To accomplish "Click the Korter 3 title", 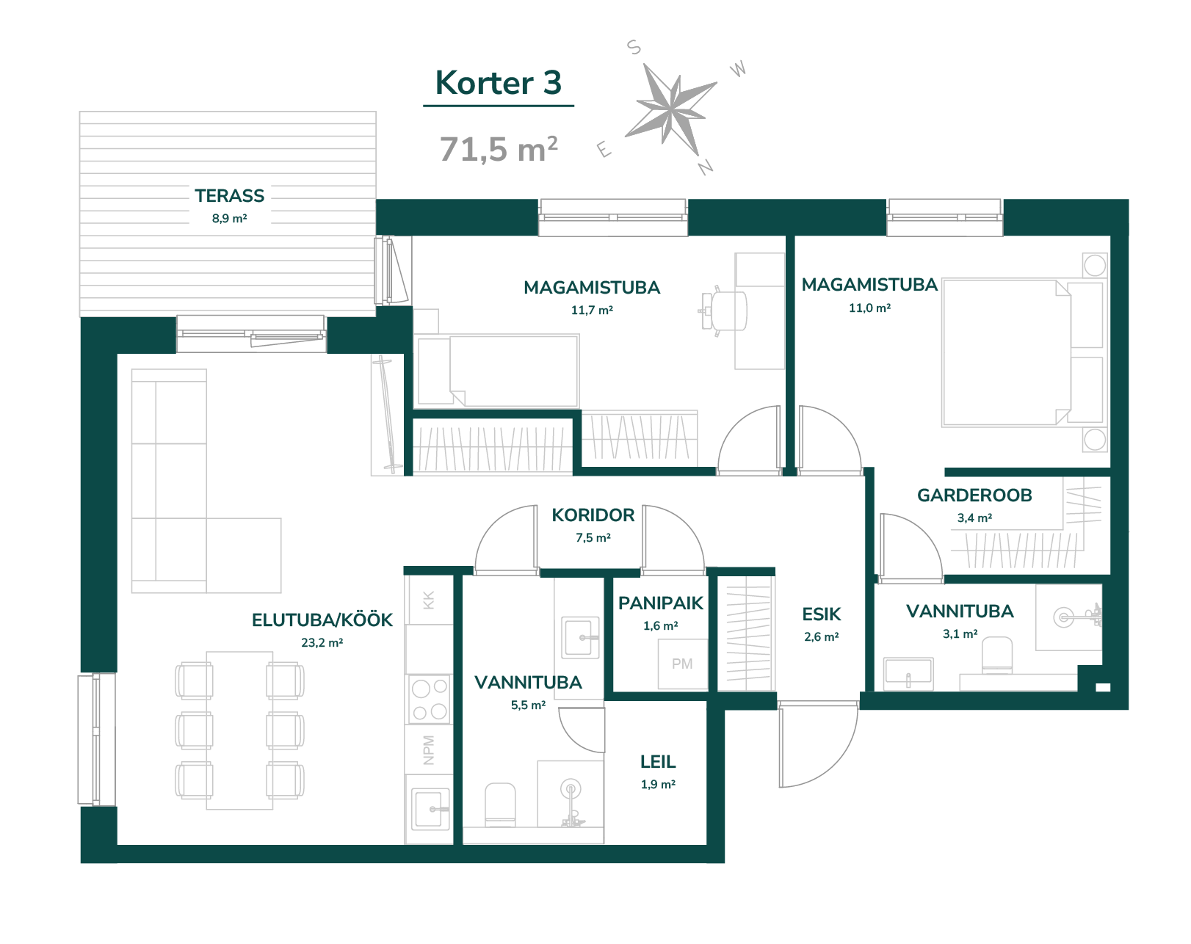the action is click(498, 83).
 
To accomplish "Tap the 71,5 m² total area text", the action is click(498, 149).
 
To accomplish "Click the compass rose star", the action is click(671, 109).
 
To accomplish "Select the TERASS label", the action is click(229, 195).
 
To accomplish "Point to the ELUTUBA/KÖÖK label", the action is click(322, 620).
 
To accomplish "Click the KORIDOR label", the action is click(593, 515).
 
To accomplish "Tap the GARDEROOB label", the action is click(974, 495).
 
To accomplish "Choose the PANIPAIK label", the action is click(660, 603).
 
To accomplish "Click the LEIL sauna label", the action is click(658, 762).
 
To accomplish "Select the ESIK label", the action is click(822, 614).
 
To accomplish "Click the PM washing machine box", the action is click(683, 664).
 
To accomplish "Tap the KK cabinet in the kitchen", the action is click(429, 600).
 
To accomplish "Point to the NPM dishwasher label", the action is click(429, 749).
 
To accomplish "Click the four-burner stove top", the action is click(430, 699).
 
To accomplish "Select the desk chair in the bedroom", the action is click(723, 311).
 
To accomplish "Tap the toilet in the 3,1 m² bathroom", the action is click(996, 656).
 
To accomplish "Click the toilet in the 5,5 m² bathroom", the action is click(500, 804).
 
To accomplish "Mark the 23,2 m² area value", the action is click(322, 643).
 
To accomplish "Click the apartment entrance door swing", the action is click(818, 745).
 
